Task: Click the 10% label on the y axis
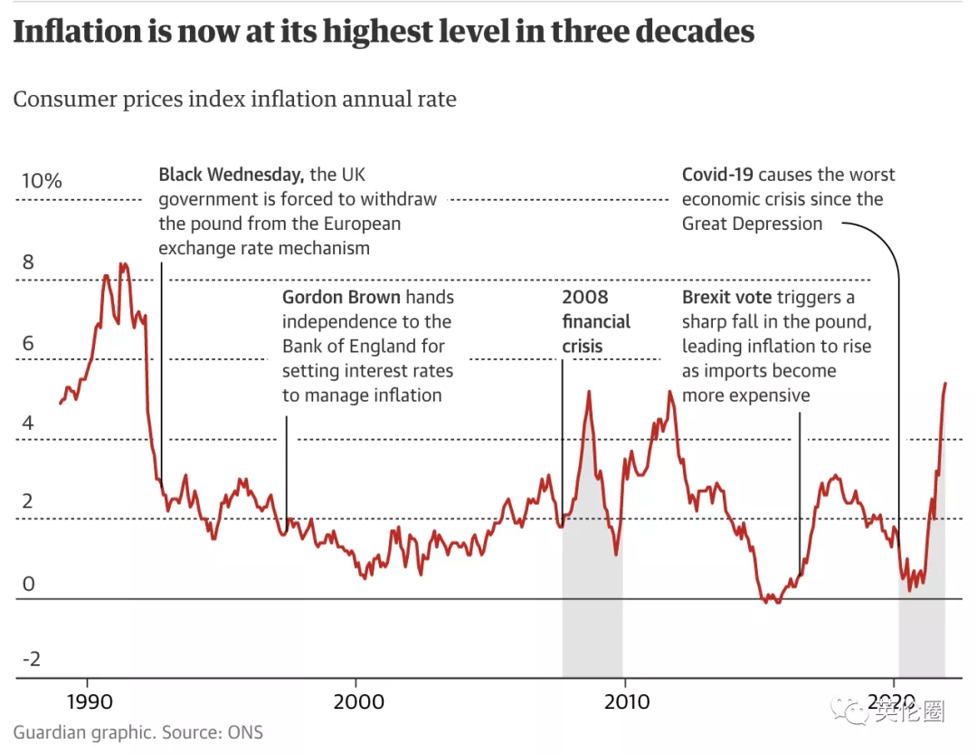point(42,181)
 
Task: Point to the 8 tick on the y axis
point(28,262)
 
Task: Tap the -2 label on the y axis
point(31,658)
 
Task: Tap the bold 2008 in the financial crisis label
point(585,297)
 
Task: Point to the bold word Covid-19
point(719,175)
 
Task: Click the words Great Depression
point(753,224)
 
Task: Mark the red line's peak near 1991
point(123,264)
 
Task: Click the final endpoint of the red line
point(945,384)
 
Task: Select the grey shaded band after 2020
point(922,625)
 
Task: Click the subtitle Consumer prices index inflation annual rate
point(234,99)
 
